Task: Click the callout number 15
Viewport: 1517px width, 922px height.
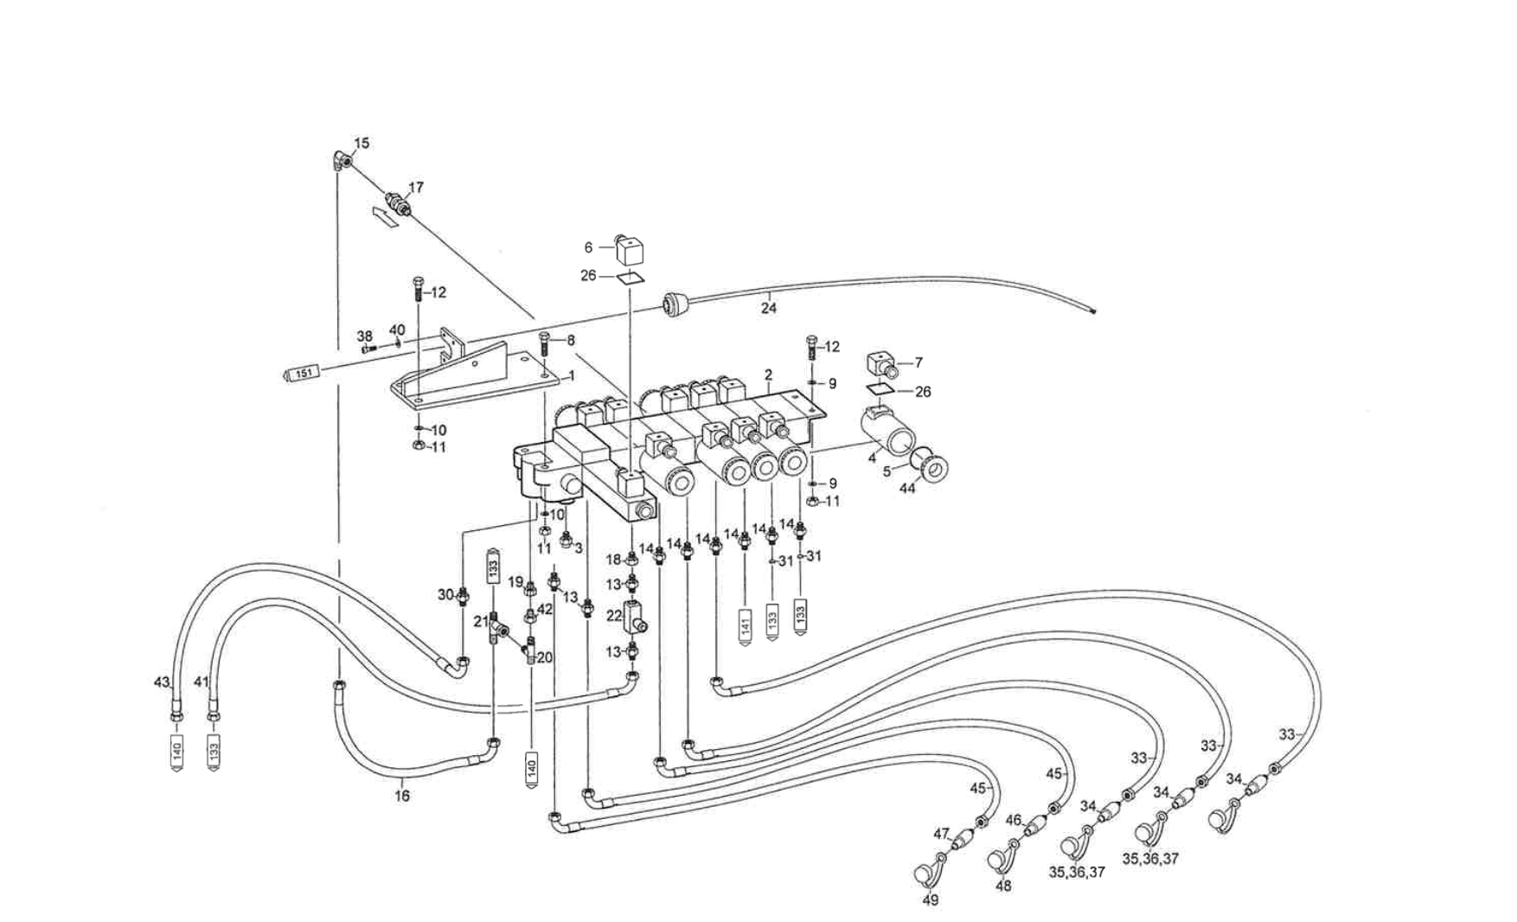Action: click(362, 143)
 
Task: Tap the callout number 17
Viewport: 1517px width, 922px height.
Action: click(416, 187)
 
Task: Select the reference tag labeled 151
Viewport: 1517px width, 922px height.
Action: click(303, 373)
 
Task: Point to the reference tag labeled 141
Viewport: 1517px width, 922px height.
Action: click(746, 622)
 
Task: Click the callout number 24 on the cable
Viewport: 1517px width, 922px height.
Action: click(769, 307)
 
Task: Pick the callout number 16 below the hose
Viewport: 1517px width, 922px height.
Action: click(402, 796)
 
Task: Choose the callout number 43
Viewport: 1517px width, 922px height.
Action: click(161, 682)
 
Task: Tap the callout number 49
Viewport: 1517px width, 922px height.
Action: click(931, 900)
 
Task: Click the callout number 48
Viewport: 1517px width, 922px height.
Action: click(1003, 887)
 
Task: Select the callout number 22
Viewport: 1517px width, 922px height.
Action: click(614, 616)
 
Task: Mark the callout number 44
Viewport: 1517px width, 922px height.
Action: click(906, 489)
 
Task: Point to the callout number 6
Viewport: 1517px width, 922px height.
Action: click(589, 247)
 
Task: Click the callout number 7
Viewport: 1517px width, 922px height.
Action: click(919, 362)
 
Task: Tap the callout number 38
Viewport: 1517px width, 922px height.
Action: click(365, 336)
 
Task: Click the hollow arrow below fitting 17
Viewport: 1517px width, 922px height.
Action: click(384, 215)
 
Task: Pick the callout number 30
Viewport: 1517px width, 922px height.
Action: click(445, 594)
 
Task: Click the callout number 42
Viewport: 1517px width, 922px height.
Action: click(544, 609)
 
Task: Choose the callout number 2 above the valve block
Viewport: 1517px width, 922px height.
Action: click(768, 375)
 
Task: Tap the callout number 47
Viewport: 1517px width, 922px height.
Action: click(941, 834)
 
